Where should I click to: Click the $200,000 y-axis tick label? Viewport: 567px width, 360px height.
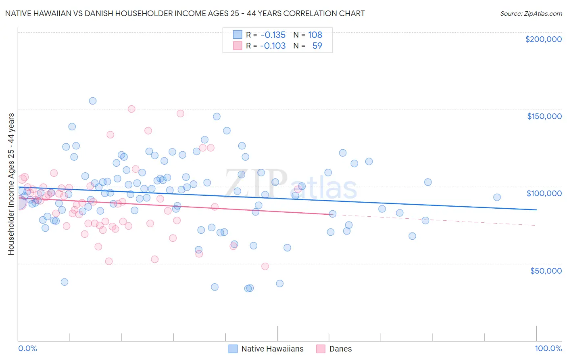point(543,39)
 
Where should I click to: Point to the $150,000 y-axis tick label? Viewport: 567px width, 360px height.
point(544,116)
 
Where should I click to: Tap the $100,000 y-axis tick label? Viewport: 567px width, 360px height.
point(544,193)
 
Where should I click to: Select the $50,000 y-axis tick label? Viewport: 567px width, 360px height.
point(546,271)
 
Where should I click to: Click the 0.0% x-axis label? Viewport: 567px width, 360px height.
point(27,348)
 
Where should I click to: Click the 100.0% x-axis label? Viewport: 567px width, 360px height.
point(548,348)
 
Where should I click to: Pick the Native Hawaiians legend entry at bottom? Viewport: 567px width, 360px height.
point(272,349)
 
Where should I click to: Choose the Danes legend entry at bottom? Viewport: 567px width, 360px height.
point(340,349)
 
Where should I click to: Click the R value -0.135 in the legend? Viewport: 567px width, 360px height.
point(273,35)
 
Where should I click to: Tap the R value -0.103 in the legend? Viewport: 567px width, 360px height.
point(273,46)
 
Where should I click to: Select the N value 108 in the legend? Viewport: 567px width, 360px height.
point(315,35)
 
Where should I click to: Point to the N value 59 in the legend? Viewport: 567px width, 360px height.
point(317,46)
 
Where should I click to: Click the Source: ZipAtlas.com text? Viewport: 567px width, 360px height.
point(531,13)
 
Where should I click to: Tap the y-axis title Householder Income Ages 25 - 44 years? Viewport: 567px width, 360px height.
point(11,184)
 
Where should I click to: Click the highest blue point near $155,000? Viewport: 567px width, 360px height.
point(93,101)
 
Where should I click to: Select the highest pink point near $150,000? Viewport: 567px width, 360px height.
point(131,109)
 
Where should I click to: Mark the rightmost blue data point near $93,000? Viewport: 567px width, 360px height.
point(497,197)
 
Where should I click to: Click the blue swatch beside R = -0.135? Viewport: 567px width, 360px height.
point(238,35)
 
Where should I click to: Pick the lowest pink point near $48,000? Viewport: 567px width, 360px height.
point(265,266)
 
